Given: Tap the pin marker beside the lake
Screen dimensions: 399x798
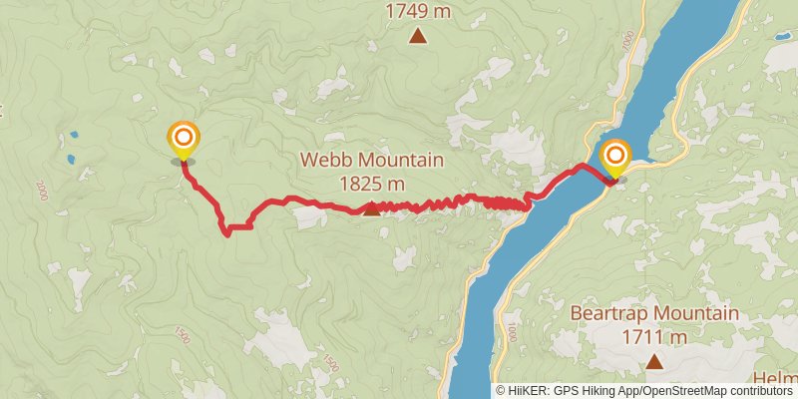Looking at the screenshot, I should (x=616, y=157).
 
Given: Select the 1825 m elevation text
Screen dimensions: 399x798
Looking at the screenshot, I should (x=371, y=184).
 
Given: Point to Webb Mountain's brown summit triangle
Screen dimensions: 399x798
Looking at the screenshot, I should (x=371, y=208).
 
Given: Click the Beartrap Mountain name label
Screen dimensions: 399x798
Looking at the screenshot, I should (x=654, y=314).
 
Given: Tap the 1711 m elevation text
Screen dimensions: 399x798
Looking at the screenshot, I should (x=654, y=337).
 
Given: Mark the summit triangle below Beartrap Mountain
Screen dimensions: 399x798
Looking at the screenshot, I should (x=654, y=361).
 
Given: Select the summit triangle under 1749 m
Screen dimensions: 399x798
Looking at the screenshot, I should (x=419, y=37).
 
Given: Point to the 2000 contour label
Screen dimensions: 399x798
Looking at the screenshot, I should (x=42, y=190).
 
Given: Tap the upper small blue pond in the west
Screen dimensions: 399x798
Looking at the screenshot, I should (x=73, y=134).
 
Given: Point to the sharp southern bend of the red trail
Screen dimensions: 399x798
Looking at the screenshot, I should (x=228, y=231).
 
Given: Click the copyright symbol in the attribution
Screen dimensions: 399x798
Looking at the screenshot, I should (x=502, y=391).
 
